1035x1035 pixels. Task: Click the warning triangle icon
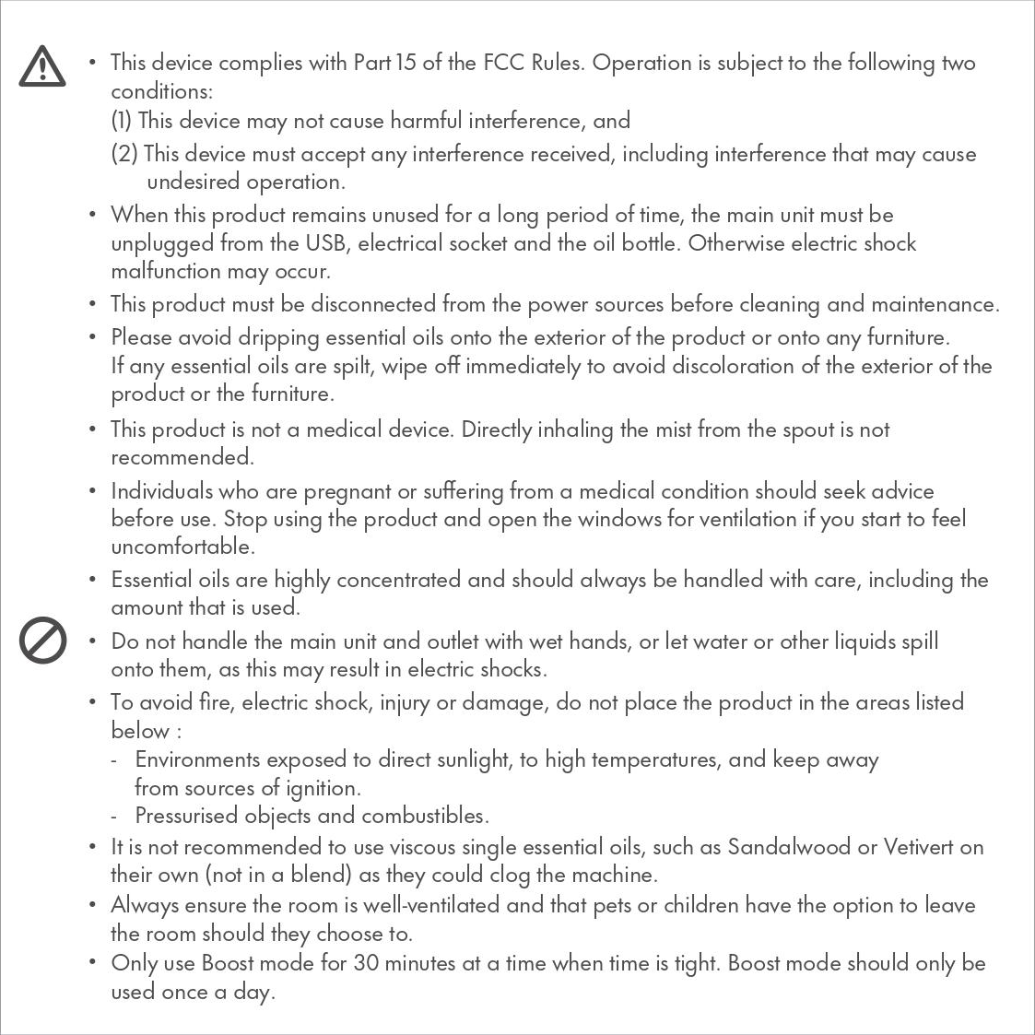click(x=42, y=67)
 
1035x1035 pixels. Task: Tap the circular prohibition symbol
click(x=42, y=641)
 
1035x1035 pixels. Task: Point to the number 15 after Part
click(x=406, y=63)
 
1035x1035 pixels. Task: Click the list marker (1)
click(x=122, y=121)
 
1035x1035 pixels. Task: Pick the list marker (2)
click(x=124, y=153)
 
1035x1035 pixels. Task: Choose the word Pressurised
click(x=186, y=816)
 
